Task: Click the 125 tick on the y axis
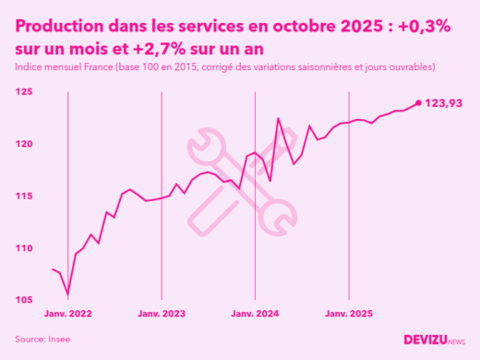pos(24,92)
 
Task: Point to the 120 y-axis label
pos(24,144)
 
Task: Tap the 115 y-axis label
pos(24,197)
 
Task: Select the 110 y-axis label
pos(24,248)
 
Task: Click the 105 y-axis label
pos(24,300)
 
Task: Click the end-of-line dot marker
pos(419,103)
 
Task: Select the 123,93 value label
pos(444,103)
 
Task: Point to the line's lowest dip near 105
pos(68,295)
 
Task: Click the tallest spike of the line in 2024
pos(279,118)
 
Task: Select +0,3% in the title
pos(426,26)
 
